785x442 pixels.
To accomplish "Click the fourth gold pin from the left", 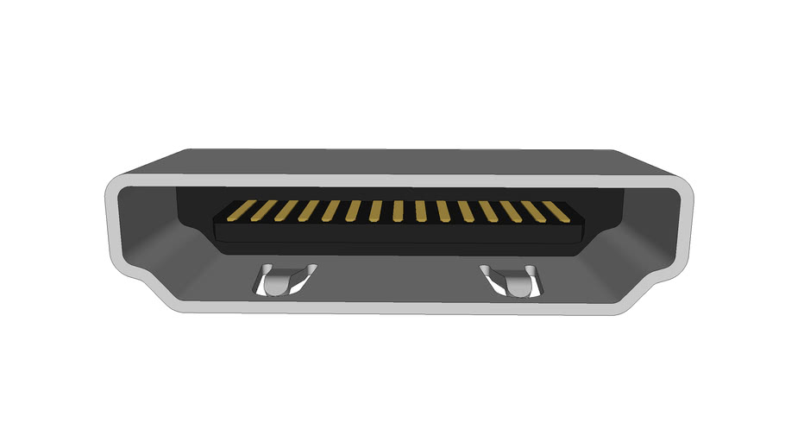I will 308,211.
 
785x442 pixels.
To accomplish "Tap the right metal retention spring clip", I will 513,281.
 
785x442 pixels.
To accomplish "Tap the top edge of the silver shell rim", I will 397,180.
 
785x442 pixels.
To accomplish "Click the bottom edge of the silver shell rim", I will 397,308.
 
